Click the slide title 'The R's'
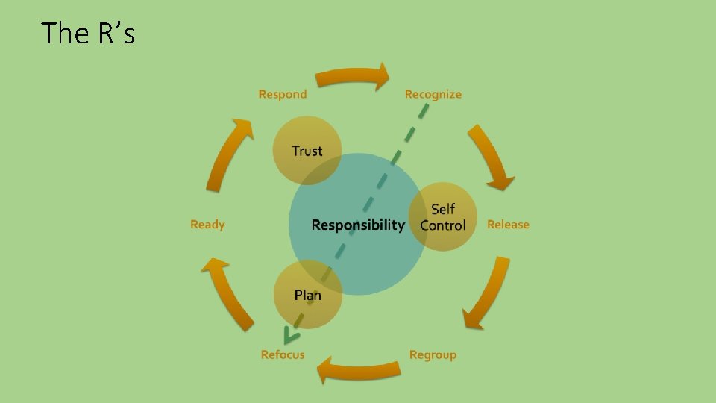click(x=88, y=34)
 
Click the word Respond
click(x=283, y=94)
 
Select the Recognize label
click(x=433, y=94)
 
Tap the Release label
click(x=508, y=225)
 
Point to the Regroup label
click(x=433, y=355)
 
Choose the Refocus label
click(x=283, y=355)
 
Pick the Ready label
click(x=207, y=225)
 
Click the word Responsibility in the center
click(x=358, y=225)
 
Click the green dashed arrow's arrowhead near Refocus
click(x=287, y=337)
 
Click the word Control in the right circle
click(x=443, y=225)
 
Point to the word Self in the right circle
click(x=443, y=209)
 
